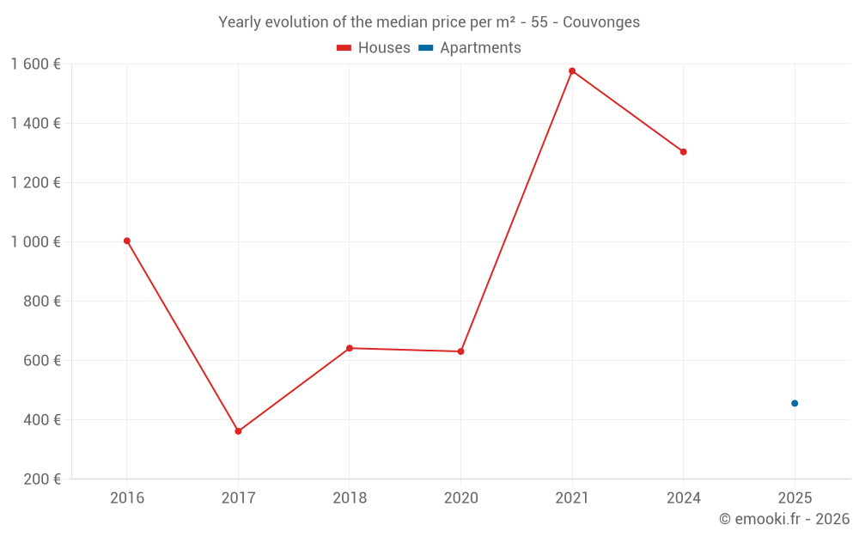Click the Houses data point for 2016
coord(127,241)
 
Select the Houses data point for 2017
coord(238,431)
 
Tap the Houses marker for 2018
coord(350,348)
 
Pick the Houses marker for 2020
coord(460,351)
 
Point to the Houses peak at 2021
coord(572,70)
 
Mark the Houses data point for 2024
coord(683,152)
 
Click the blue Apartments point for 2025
coord(795,403)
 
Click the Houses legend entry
coord(374,48)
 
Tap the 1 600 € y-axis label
coord(36,64)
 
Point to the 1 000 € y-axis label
coord(36,242)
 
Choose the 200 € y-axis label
coord(41,479)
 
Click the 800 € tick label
coord(41,302)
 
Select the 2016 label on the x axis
coord(127,498)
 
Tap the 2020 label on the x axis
coord(460,498)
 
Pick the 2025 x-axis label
coord(795,498)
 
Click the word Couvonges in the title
coord(600,22)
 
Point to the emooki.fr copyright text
coord(783,519)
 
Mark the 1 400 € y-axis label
coord(36,124)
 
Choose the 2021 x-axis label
coord(572,498)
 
